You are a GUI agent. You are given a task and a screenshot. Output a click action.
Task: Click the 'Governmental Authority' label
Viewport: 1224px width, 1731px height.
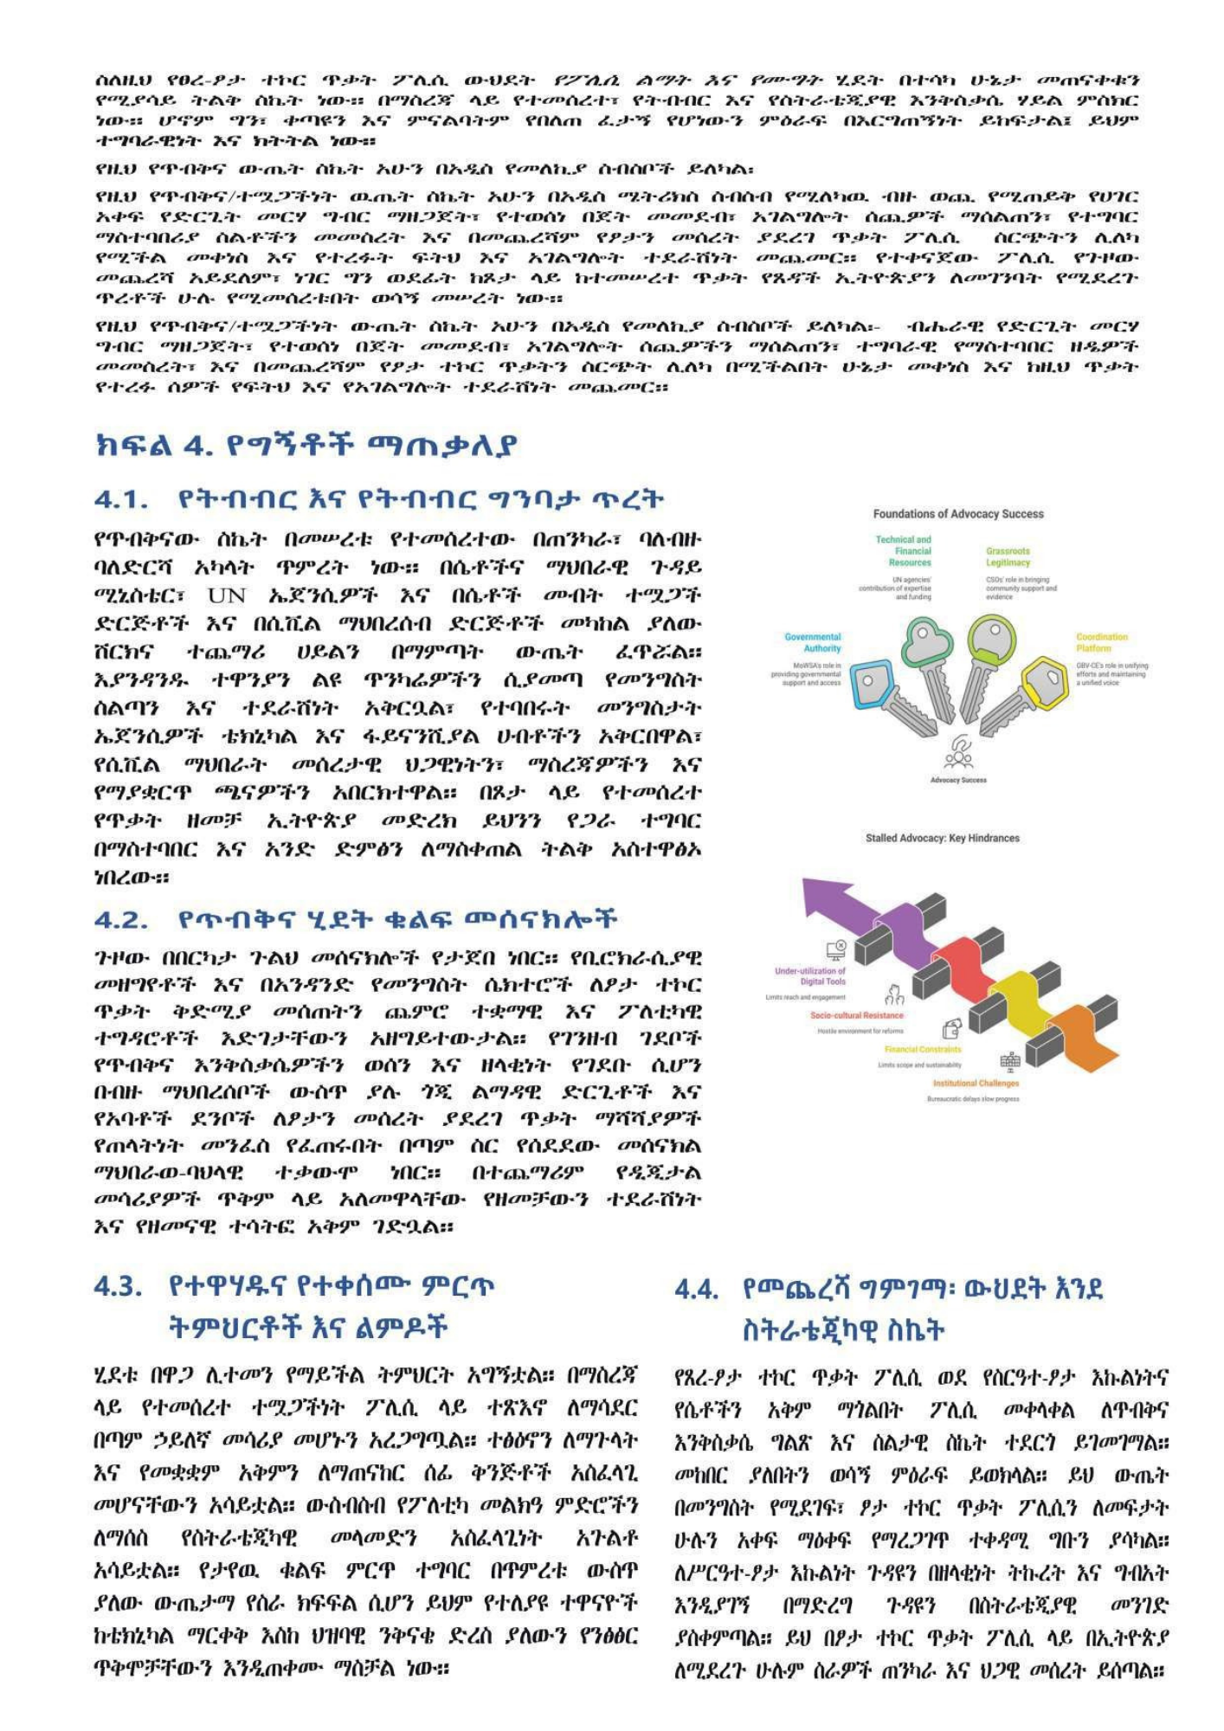tap(812, 642)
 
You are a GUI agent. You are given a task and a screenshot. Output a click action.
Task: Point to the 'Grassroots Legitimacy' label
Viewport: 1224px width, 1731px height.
tap(1008, 557)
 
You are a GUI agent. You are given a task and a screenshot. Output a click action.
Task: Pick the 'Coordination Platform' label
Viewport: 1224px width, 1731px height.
tap(1102, 642)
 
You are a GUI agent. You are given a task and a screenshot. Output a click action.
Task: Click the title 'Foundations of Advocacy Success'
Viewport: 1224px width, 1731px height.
tap(957, 514)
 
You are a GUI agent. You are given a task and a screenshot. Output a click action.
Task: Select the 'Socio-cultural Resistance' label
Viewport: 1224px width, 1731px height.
tap(856, 1015)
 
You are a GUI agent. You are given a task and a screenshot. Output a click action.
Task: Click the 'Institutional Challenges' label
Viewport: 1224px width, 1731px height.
tap(976, 1083)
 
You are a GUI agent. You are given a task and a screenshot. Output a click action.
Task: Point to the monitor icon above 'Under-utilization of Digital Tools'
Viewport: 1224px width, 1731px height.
tap(835, 950)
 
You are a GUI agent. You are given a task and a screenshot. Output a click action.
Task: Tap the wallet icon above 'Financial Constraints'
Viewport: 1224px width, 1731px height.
tap(951, 1029)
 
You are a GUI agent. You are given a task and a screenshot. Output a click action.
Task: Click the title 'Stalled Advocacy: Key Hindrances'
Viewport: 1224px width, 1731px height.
tap(942, 838)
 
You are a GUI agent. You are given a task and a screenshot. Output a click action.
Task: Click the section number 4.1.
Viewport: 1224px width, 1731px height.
tap(120, 499)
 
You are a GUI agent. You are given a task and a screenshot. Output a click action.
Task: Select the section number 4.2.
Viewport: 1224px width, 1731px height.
tap(120, 919)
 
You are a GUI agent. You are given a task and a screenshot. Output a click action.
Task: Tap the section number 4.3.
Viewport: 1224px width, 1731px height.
tap(118, 1286)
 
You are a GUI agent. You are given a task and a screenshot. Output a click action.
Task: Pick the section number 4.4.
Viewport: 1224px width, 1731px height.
tap(697, 1290)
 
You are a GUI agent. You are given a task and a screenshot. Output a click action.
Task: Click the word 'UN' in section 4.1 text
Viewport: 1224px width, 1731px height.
tap(227, 595)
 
